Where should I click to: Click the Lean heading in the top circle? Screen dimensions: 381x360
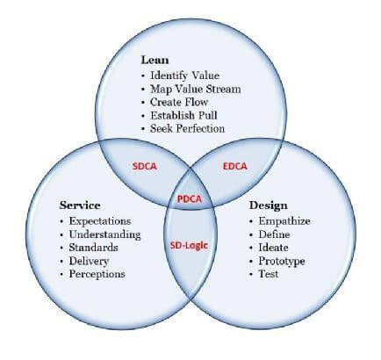[155, 60]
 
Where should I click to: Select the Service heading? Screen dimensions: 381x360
[80, 205]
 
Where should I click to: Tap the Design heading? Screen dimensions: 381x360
[269, 205]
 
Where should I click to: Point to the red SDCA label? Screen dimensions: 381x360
[145, 166]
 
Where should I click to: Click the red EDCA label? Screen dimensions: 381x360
[235, 166]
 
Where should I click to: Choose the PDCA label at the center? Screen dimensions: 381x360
[190, 199]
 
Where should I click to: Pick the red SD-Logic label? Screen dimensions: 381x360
[189, 245]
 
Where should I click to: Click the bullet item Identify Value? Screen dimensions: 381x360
[184, 76]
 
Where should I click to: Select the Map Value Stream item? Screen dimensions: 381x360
[196, 89]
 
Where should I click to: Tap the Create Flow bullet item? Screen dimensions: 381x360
[179, 102]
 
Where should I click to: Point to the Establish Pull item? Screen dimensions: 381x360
[183, 115]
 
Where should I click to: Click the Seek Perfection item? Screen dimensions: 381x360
[187, 128]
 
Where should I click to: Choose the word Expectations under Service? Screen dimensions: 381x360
[100, 221]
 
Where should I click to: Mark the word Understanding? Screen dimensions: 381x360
[104, 234]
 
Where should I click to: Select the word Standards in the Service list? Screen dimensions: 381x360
[93, 248]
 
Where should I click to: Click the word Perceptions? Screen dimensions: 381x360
[97, 274]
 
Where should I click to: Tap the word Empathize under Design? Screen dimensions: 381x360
[284, 221]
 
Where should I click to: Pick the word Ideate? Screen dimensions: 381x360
[273, 248]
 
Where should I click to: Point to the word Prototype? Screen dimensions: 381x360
[282, 261]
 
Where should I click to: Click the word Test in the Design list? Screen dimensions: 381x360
[268, 274]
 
